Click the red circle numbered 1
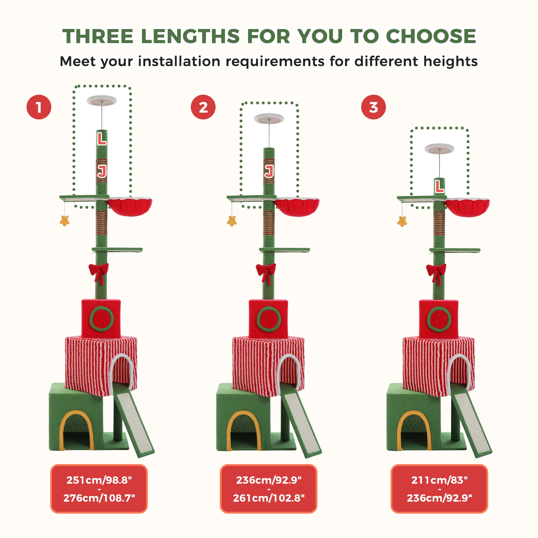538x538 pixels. (39, 107)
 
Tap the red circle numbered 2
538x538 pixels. (203, 107)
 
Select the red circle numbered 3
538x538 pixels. (373, 107)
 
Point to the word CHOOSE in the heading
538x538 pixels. (431, 36)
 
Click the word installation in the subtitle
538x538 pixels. (179, 61)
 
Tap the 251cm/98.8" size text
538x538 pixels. (99, 480)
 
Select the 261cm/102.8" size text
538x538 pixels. (269, 498)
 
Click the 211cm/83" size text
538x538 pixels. (439, 480)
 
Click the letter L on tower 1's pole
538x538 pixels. (102, 138)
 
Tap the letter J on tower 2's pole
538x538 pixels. (269, 171)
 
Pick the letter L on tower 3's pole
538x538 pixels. (439, 187)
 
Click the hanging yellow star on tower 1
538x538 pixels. (65, 220)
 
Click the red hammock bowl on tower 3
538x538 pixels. (467, 208)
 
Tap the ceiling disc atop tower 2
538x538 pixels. (269, 118)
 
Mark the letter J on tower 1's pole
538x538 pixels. (102, 171)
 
